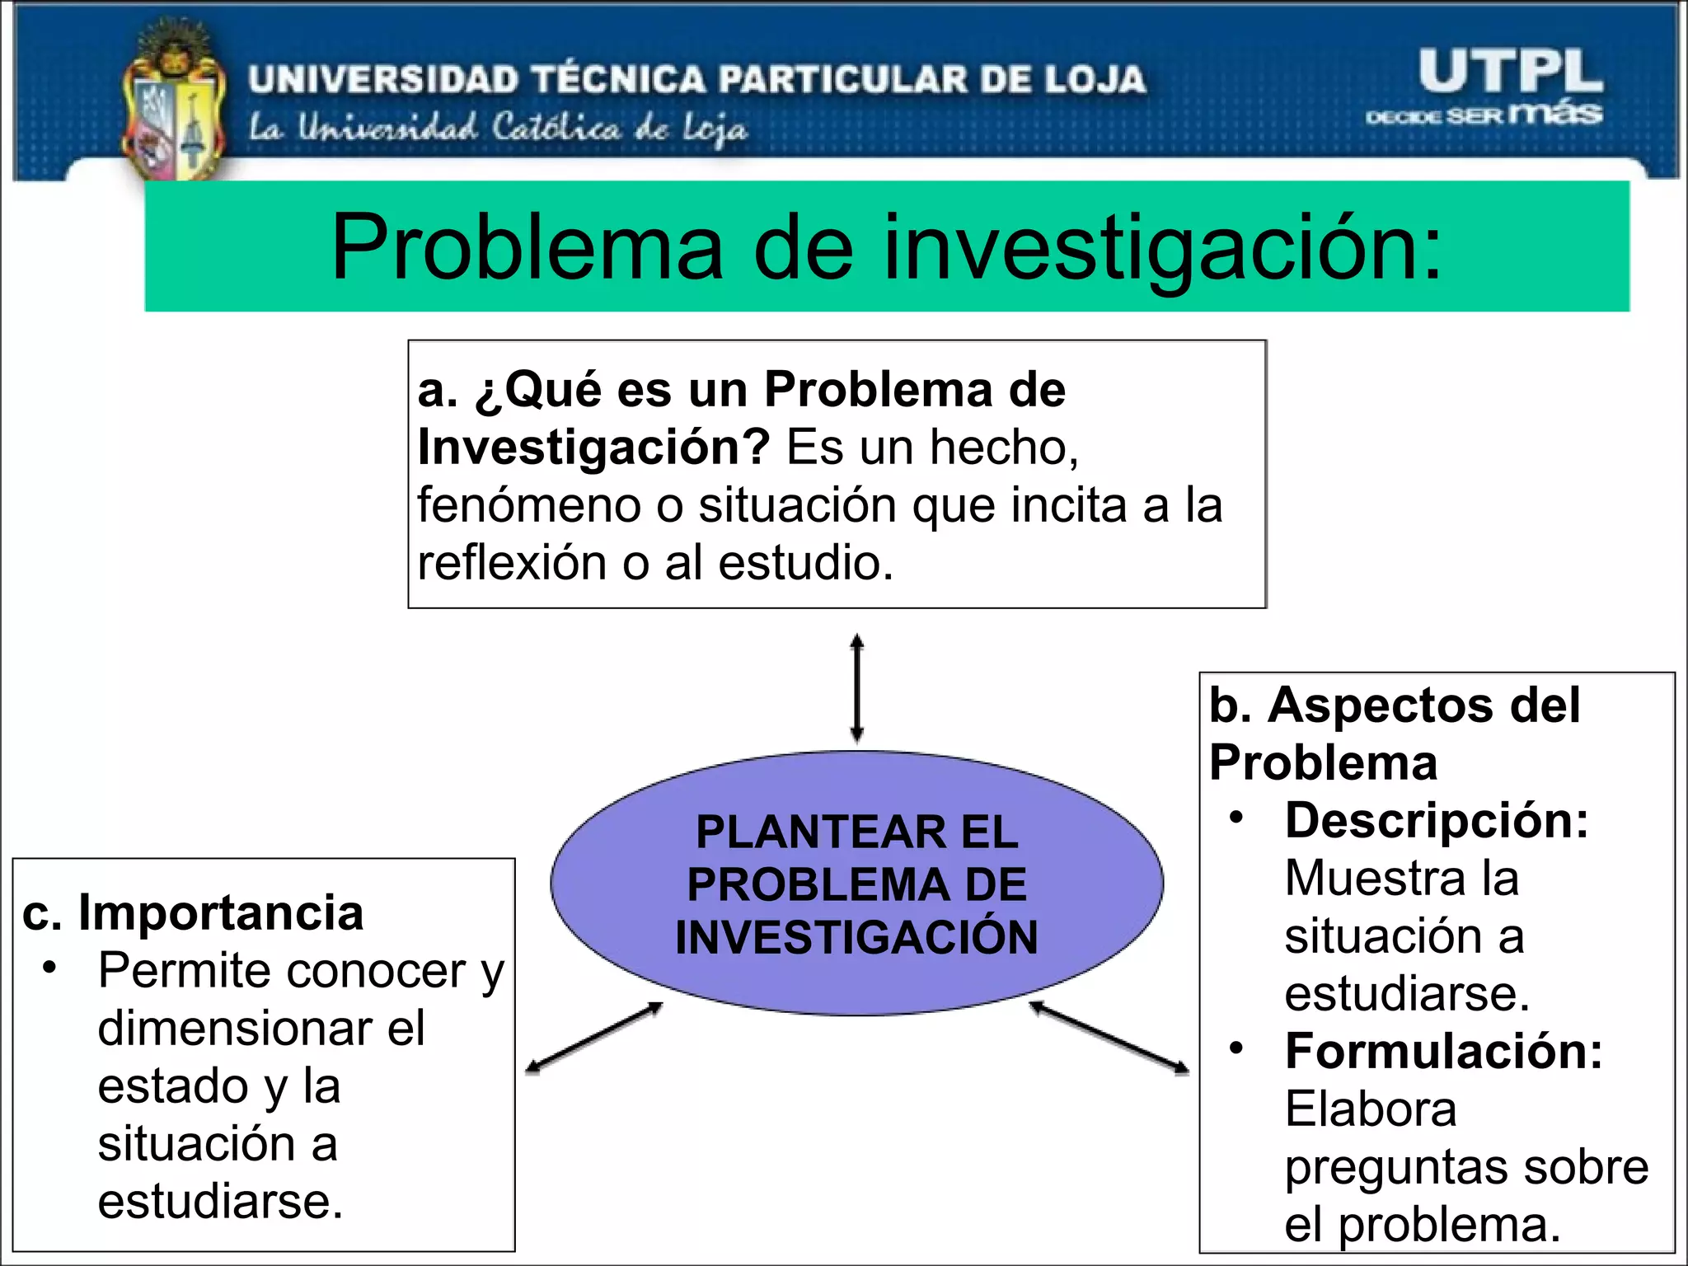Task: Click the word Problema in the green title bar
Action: pyautogui.click(x=527, y=247)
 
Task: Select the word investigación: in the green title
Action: pyautogui.click(x=1162, y=247)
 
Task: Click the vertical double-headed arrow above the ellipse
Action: pyautogui.click(x=857, y=688)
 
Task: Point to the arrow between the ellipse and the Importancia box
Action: pyautogui.click(x=595, y=1038)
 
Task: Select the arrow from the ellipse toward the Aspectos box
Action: pyautogui.click(x=1109, y=1038)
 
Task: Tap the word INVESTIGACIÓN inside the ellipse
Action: pyautogui.click(x=857, y=937)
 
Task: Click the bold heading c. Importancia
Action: pyautogui.click(x=193, y=912)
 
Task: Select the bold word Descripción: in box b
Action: pyautogui.click(x=1437, y=821)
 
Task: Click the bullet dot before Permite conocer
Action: pyautogui.click(x=50, y=967)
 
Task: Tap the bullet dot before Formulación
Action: pyautogui.click(x=1236, y=1048)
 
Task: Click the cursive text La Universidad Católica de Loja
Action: pyautogui.click(x=499, y=129)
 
